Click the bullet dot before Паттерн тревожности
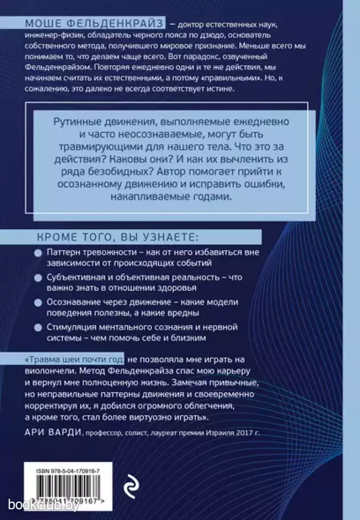tap(37, 254)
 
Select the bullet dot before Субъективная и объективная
tap(37, 277)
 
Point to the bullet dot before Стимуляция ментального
tap(37, 326)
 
